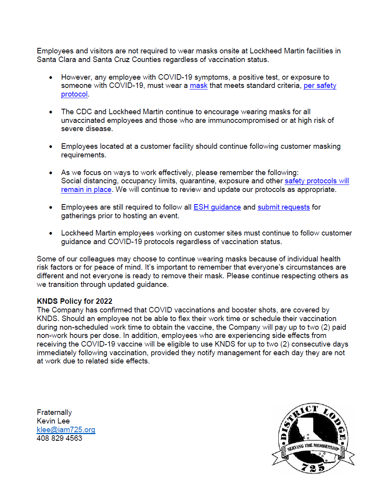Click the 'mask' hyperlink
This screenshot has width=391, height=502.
tap(198, 86)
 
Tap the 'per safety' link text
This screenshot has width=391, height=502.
tap(320, 86)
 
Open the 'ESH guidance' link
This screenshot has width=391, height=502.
tap(217, 207)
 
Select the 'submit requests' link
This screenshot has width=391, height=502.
tap(283, 207)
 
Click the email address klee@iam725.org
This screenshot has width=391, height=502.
tap(66, 430)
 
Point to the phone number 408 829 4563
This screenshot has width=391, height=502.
tap(59, 438)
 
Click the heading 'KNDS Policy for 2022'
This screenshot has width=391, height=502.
tap(75, 301)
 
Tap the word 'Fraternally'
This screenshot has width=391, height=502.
tap(54, 413)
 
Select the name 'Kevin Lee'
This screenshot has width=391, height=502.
tap(53, 421)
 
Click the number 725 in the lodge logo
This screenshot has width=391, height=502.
tap(313, 467)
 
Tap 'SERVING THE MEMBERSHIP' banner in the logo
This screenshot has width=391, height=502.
tap(313, 447)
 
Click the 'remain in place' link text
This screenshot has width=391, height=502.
tap(86, 190)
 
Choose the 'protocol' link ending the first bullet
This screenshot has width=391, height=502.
tap(74, 94)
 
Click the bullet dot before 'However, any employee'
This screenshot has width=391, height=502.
tap(51, 78)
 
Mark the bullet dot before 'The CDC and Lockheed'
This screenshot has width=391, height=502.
tap(51, 112)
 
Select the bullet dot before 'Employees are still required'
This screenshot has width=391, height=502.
tap(51, 208)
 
